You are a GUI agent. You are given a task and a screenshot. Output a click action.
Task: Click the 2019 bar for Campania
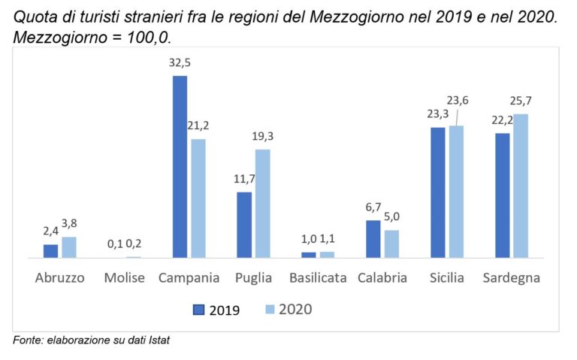[x=180, y=167]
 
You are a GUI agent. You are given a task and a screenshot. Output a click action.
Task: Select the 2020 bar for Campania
[x=198, y=198]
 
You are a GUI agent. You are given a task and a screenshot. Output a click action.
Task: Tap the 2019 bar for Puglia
[x=244, y=225]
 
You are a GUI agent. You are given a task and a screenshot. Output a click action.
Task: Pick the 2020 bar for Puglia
[x=262, y=204]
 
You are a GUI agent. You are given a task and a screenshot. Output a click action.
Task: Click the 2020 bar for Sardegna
[x=520, y=186]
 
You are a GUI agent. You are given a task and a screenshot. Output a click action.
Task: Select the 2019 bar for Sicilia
[x=437, y=192]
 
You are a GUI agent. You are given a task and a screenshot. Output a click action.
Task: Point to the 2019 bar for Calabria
[x=373, y=239]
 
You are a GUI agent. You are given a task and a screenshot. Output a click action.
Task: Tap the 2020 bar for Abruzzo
[x=69, y=247]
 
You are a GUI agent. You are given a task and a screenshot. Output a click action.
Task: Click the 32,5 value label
[x=180, y=63]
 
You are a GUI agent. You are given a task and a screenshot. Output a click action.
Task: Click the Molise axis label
[x=125, y=278]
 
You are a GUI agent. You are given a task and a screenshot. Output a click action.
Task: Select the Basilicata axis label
[x=318, y=278]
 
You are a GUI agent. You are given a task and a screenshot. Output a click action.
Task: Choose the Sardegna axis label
[x=512, y=278]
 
